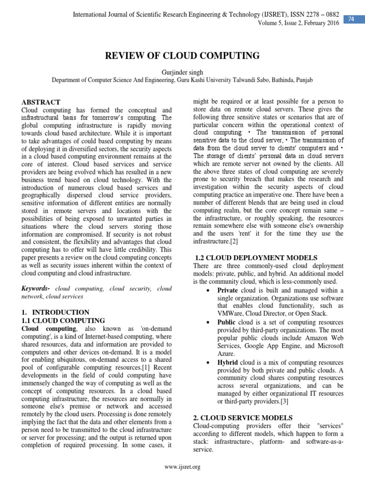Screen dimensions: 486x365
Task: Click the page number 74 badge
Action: pos(351,18)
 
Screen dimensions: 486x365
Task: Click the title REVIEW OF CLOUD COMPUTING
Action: pos(182,56)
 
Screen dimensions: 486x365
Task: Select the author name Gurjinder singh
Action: pos(182,72)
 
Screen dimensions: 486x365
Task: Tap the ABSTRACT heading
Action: pos(41,102)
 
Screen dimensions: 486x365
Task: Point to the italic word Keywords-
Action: pos(36,289)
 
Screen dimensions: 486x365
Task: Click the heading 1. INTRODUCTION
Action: pos(56,312)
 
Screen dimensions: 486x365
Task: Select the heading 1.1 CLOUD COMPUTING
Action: pos(63,321)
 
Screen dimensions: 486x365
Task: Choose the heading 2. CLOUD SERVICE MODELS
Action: pos(242,418)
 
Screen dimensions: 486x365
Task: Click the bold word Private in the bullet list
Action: pos(227,290)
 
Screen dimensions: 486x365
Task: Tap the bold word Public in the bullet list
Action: pos(226,322)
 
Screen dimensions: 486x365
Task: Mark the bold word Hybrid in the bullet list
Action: pos(228,363)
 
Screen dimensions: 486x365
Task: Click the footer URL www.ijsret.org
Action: pos(182,467)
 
